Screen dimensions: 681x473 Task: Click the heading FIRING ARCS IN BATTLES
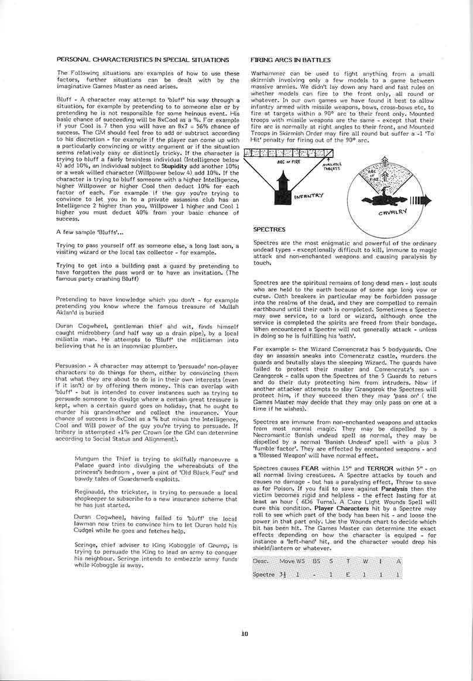click(x=290, y=60)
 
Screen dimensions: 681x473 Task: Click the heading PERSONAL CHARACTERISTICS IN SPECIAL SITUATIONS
click(x=142, y=60)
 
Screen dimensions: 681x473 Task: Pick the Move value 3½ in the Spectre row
click(x=282, y=575)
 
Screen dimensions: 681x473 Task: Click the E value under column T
click(x=347, y=575)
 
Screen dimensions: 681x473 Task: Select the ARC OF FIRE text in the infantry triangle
click(x=289, y=163)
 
